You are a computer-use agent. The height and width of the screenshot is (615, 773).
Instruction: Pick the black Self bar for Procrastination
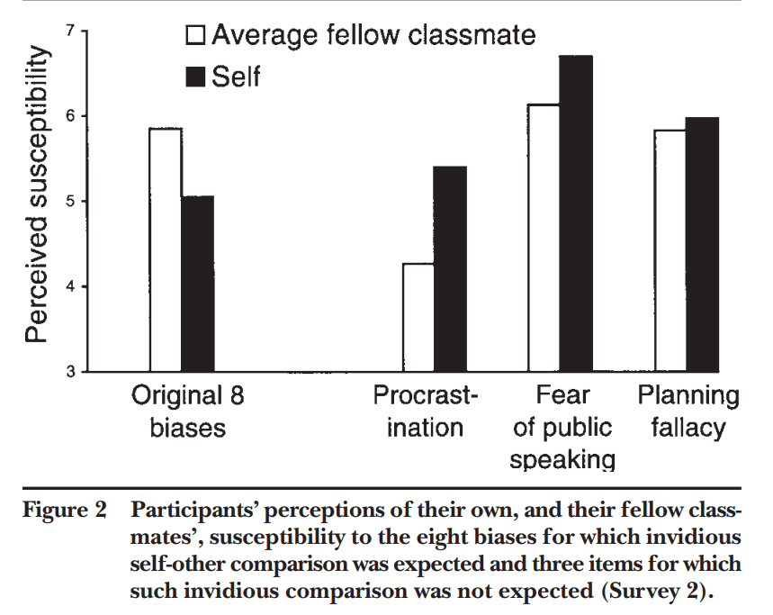tap(450, 269)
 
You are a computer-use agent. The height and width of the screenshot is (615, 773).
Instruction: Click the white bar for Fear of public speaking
tap(544, 238)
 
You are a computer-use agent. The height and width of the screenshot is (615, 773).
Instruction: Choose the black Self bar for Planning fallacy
tap(702, 244)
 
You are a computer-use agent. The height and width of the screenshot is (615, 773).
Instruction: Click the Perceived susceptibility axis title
tap(35, 196)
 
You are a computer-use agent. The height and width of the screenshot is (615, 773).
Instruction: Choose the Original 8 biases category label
tap(188, 411)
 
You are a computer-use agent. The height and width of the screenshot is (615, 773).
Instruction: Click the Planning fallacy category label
tap(688, 411)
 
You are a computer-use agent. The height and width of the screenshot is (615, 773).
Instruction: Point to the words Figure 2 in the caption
tap(63, 511)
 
